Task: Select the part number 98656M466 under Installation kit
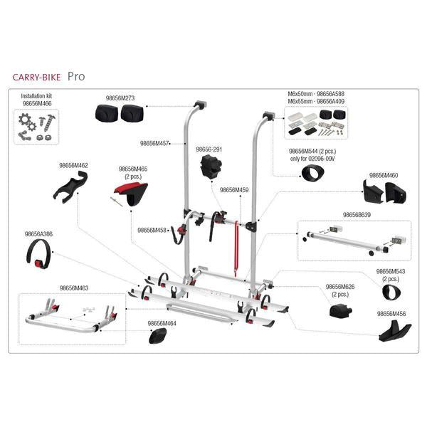click(x=37, y=102)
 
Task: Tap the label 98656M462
click(x=73, y=165)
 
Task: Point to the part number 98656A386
click(x=39, y=233)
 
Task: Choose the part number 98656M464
click(x=162, y=323)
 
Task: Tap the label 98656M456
click(x=391, y=312)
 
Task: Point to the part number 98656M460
click(x=384, y=174)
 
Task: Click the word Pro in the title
click(x=77, y=75)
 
